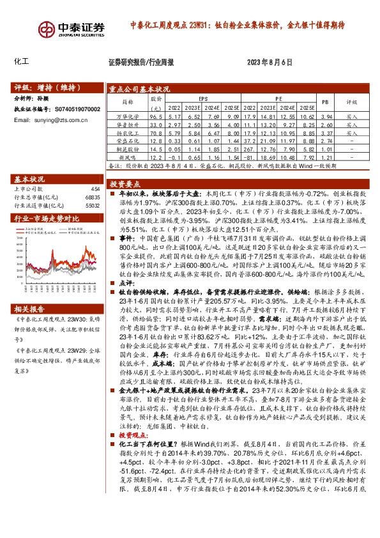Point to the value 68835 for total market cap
coord(93,197)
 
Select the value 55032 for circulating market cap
coord(93,206)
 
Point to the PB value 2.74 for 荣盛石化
coord(326,141)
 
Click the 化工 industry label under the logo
coord(21,62)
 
